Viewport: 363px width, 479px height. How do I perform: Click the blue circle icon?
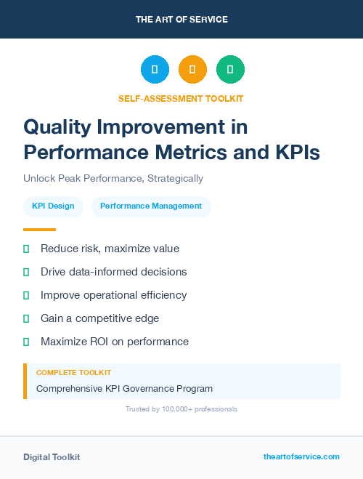(155, 70)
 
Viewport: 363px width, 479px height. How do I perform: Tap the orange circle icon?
(192, 70)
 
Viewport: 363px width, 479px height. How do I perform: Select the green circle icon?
(230, 70)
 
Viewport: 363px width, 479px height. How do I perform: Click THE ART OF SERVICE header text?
(181, 19)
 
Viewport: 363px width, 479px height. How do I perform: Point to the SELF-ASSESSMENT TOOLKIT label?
(181, 98)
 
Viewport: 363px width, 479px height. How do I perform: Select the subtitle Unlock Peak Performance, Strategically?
(113, 178)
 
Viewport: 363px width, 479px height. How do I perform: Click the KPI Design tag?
(53, 206)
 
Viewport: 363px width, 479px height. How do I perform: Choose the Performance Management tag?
(151, 206)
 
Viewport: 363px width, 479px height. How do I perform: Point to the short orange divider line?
(39, 230)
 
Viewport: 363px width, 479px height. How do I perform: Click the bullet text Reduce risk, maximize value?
(110, 249)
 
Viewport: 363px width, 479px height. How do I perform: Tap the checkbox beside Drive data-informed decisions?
(26, 272)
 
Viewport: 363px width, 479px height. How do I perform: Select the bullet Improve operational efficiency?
(113, 295)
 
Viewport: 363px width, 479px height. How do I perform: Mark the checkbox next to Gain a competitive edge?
(26, 318)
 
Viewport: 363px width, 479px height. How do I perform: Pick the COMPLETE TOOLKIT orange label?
(73, 372)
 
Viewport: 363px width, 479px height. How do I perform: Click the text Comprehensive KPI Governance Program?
(124, 388)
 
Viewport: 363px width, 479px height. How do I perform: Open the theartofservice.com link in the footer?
(301, 456)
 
